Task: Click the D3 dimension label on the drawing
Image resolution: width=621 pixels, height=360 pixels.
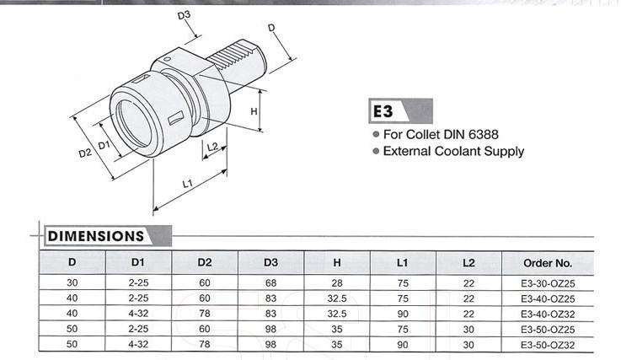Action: (x=184, y=15)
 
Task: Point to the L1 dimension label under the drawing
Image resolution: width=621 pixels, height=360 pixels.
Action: (x=188, y=183)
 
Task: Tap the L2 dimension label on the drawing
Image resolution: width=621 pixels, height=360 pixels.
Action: (x=212, y=147)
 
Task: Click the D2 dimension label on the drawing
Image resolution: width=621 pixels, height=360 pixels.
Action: (x=85, y=153)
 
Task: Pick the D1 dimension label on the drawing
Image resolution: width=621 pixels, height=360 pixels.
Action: (x=105, y=144)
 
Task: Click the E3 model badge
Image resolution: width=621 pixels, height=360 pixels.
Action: (x=383, y=111)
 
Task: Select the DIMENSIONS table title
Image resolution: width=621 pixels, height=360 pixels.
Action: (x=96, y=236)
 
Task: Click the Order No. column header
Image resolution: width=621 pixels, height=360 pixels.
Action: (x=547, y=262)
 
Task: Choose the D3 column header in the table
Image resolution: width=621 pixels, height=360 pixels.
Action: (x=270, y=262)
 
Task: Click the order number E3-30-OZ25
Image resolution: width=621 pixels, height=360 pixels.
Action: (x=547, y=283)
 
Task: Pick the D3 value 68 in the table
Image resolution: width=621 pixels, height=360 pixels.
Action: (x=270, y=283)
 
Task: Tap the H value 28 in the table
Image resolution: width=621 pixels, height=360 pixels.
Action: (x=337, y=283)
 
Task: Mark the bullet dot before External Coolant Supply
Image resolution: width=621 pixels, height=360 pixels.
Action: (x=376, y=153)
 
